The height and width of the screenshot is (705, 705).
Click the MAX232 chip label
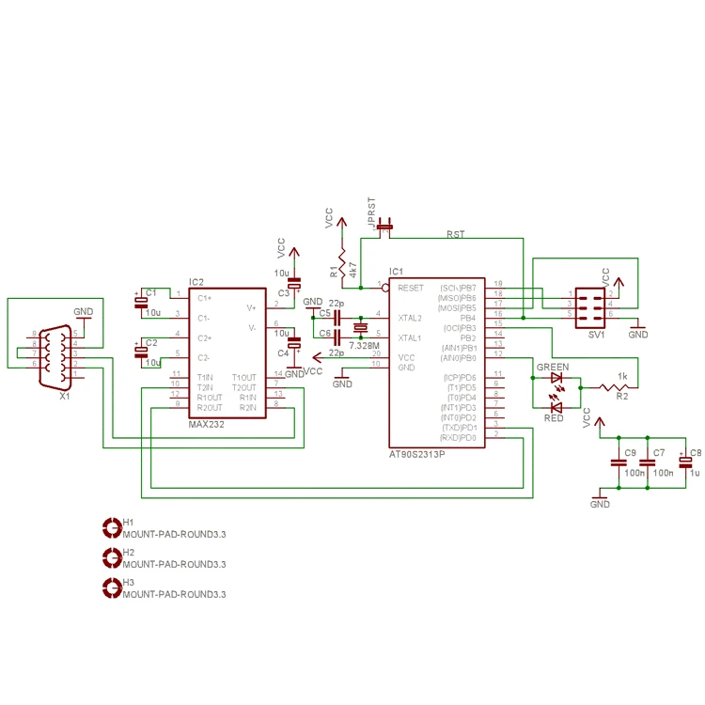pos(207,424)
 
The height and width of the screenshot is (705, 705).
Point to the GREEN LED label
pos(552,367)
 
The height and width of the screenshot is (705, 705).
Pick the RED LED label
pos(554,417)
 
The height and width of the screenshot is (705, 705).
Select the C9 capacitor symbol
pos(618,462)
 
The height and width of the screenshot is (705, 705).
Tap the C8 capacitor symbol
pos(684,462)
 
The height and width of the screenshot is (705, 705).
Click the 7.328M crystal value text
pos(364,346)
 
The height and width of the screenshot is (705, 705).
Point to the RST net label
pos(455,234)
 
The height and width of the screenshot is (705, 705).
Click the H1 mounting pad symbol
pos(111,527)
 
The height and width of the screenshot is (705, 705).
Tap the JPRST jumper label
pos(373,212)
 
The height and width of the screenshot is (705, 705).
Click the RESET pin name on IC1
pos(411,288)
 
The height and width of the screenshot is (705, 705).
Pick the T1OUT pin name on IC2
pos(243,378)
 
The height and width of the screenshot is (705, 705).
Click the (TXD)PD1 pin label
pos(459,428)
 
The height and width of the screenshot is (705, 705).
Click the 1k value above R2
pos(621,376)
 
